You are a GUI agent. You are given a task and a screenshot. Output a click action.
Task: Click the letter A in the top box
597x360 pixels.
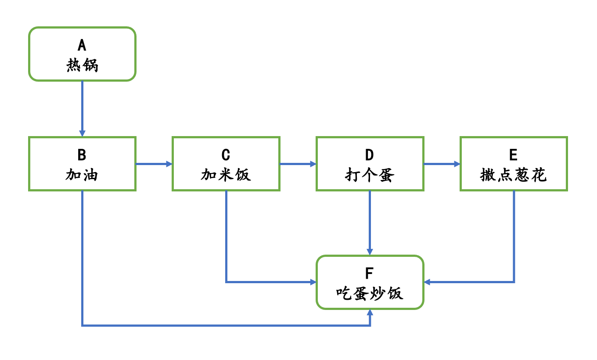pyautogui.click(x=82, y=45)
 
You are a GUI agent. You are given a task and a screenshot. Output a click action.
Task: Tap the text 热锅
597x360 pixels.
pyautogui.click(x=82, y=65)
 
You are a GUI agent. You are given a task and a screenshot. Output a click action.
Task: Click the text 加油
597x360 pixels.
pyautogui.click(x=82, y=175)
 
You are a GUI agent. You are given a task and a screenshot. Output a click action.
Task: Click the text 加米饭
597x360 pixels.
pyautogui.click(x=226, y=175)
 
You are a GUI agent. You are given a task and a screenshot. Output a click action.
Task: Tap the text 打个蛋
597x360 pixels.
pyautogui.click(x=370, y=175)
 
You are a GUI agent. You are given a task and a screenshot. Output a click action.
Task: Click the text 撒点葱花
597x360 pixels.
pyautogui.click(x=513, y=175)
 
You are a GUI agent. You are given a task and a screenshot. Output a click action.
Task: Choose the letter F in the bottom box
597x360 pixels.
pyautogui.click(x=370, y=273)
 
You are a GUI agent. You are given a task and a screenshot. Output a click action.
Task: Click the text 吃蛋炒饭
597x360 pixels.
pyautogui.click(x=370, y=293)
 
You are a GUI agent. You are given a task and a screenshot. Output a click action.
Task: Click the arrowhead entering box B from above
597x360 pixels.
pyautogui.click(x=82, y=133)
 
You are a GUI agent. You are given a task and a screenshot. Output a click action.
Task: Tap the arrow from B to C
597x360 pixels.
pyautogui.click(x=154, y=164)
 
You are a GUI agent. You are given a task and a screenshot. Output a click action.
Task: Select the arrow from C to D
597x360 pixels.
pyautogui.click(x=298, y=164)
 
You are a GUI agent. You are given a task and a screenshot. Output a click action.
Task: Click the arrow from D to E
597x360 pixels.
pyautogui.click(x=442, y=164)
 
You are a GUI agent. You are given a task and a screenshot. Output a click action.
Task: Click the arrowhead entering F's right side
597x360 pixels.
pyautogui.click(x=427, y=282)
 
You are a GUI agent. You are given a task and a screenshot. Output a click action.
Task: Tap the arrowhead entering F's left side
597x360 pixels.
pyautogui.click(x=313, y=282)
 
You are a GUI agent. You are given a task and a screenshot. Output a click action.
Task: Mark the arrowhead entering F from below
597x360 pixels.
pyautogui.click(x=370, y=312)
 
